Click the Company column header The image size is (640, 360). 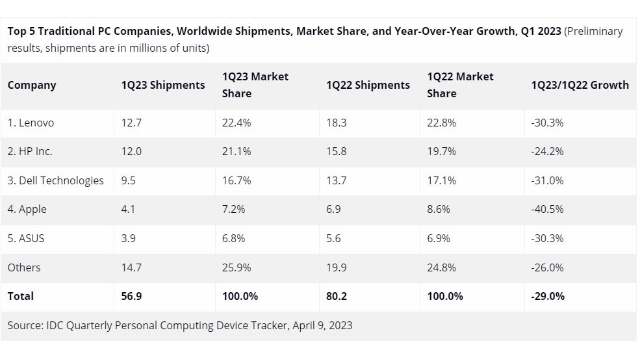(x=32, y=85)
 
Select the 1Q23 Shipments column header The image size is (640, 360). (x=163, y=85)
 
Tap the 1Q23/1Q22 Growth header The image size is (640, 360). (x=580, y=85)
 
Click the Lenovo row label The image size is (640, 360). (x=31, y=123)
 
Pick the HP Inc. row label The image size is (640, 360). (x=30, y=152)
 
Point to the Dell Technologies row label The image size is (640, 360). (x=55, y=181)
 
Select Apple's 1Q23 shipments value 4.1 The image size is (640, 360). (x=128, y=209)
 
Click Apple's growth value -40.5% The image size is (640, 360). (x=547, y=209)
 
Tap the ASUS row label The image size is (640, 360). (x=26, y=239)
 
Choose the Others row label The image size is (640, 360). (x=24, y=268)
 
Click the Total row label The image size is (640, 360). (x=20, y=296)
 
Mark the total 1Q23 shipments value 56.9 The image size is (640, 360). (x=131, y=296)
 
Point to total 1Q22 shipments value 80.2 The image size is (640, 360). (x=336, y=296)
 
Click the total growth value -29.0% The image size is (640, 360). (x=548, y=296)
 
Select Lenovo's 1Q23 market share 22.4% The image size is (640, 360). (x=236, y=123)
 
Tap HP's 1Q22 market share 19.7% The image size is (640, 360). (x=441, y=152)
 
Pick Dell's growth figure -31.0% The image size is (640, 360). (x=547, y=181)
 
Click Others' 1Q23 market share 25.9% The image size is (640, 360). (x=236, y=268)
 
